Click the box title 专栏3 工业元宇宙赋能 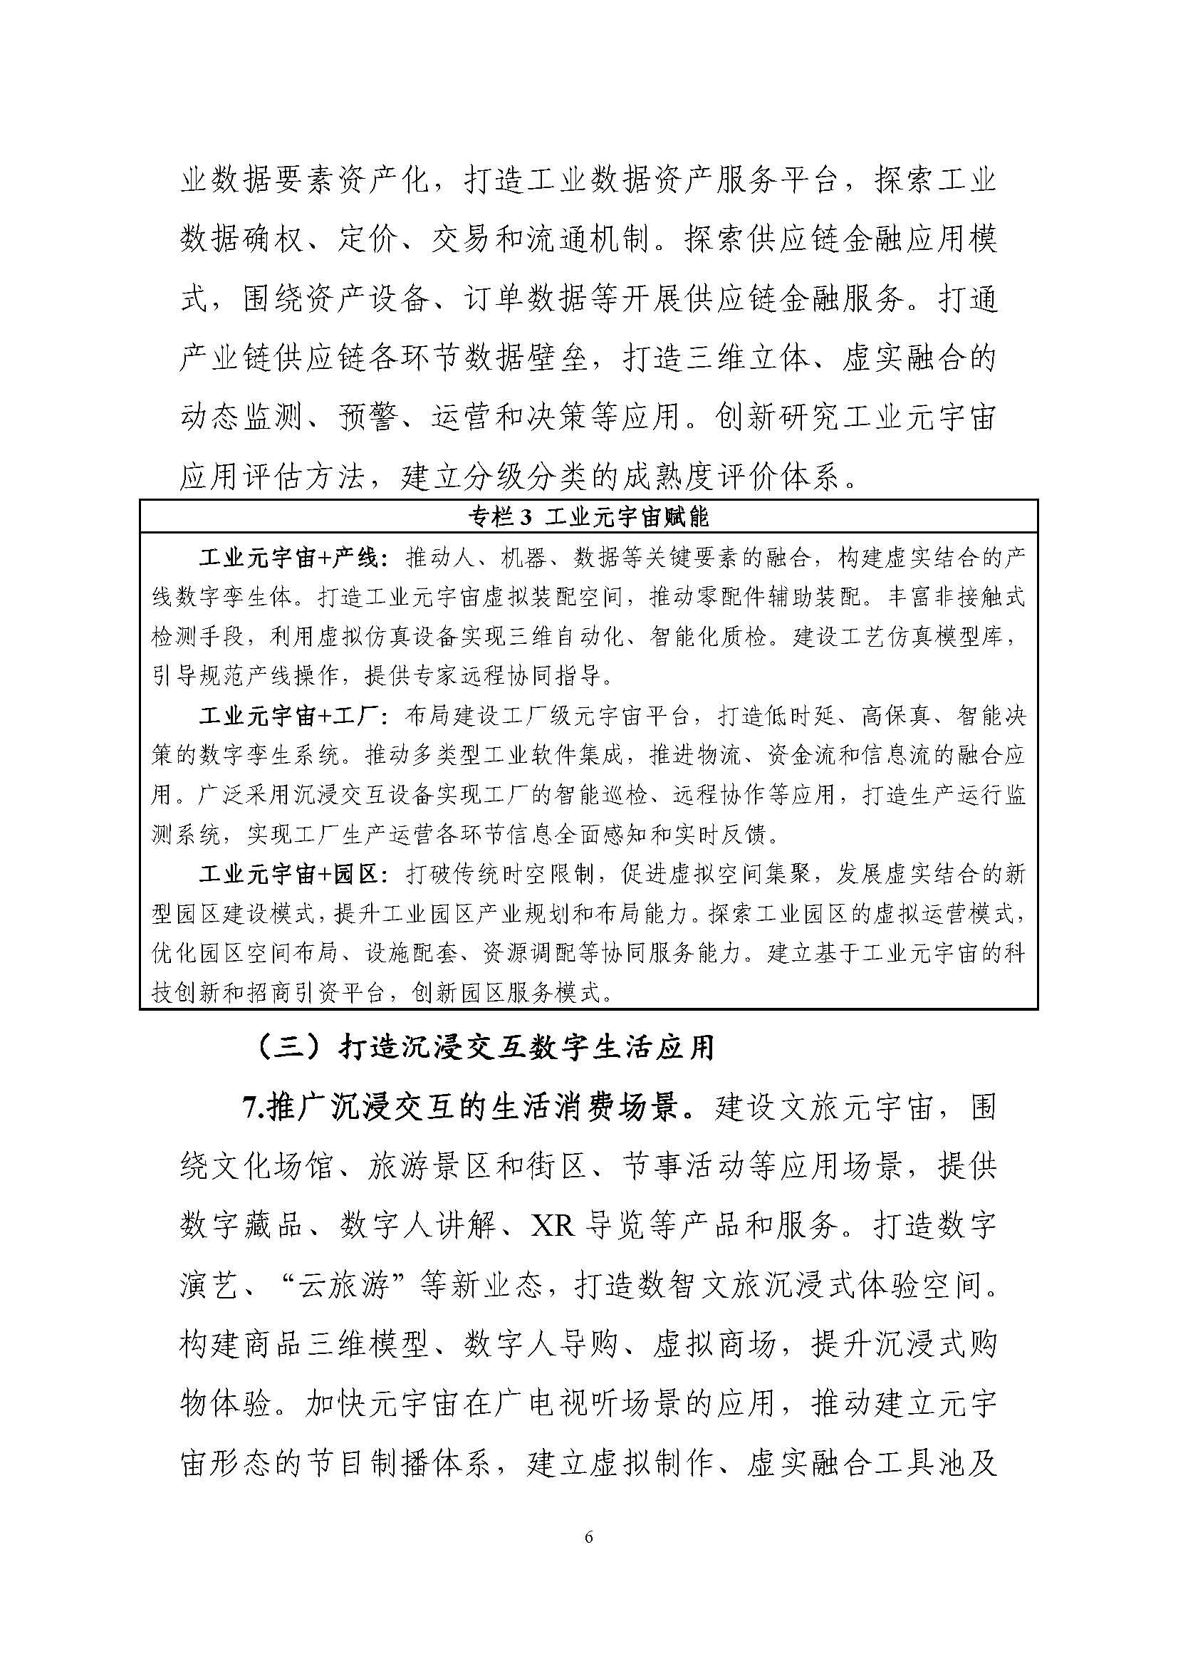click(x=588, y=516)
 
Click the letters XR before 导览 click(x=553, y=1227)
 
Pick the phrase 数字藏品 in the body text click(x=241, y=1227)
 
